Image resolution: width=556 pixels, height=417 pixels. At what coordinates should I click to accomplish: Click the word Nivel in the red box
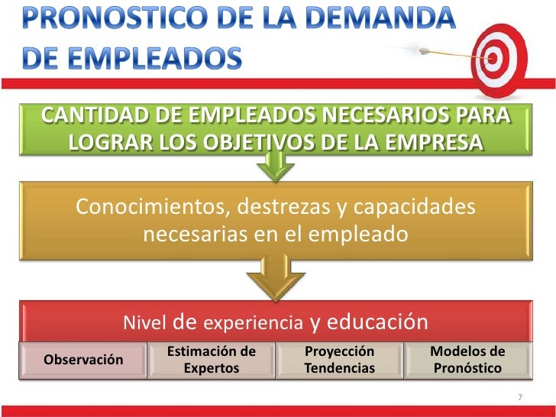146,323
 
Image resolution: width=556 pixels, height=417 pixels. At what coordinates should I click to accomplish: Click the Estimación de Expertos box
211,360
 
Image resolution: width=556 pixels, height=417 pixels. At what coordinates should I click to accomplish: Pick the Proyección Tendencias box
339,360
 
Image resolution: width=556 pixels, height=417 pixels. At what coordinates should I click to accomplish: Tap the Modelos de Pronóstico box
467,360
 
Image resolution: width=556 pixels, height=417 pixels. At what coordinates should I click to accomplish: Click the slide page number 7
519,397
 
